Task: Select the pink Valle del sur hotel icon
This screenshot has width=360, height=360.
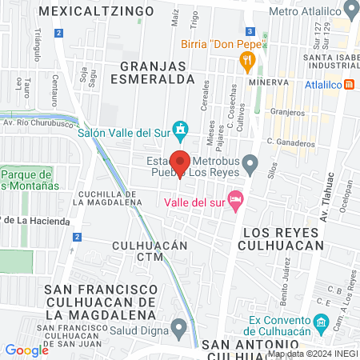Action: tap(235, 198)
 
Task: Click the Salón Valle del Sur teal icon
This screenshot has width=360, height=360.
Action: tap(182, 128)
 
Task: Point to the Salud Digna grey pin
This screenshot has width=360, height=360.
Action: tap(179, 326)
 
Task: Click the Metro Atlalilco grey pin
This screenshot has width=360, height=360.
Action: tap(350, 10)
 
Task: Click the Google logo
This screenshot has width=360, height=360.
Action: tap(26, 350)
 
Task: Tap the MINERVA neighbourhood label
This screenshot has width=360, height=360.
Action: tap(267, 82)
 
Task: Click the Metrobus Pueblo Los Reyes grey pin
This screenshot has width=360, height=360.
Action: tap(250, 165)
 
